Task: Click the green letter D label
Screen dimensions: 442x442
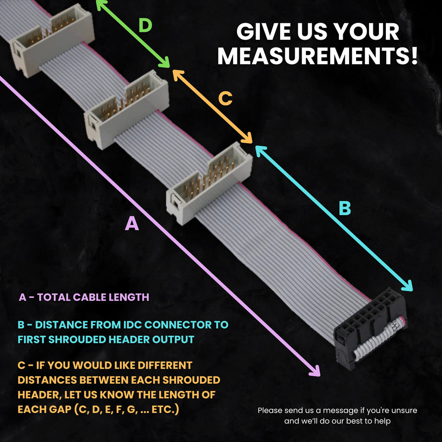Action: pos(145,25)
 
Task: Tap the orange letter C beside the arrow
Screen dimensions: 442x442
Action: pos(225,99)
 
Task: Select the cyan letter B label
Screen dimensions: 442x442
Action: pos(345,208)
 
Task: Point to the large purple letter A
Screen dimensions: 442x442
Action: pos(132,224)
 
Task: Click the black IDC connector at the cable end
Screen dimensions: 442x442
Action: pos(370,328)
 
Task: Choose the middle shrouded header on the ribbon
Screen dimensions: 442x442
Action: pos(126,110)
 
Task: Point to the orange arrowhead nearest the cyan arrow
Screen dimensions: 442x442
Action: pos(247,138)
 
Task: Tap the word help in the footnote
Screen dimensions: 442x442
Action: pos(382,421)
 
